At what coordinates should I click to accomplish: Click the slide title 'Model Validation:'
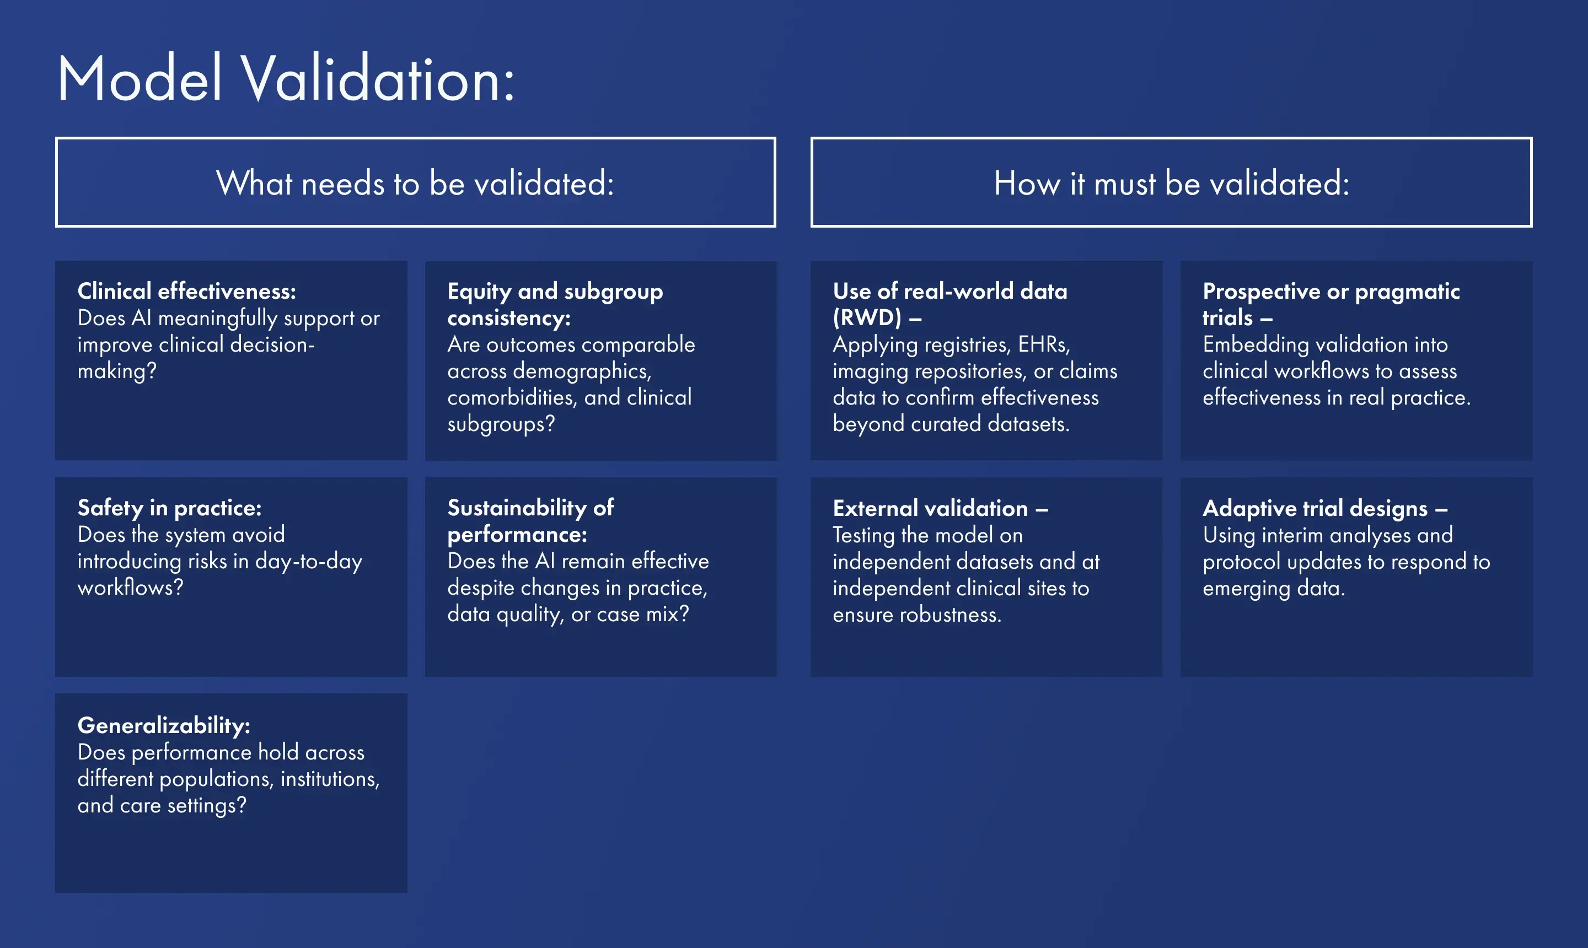click(285, 79)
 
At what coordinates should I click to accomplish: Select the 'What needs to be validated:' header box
click(415, 182)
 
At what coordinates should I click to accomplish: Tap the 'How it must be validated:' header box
click(1171, 182)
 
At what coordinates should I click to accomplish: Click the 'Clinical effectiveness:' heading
click(186, 292)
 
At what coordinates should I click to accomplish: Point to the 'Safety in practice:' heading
click(169, 508)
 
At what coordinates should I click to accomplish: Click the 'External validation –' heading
click(940, 509)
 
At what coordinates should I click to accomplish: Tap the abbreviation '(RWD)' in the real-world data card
click(867, 317)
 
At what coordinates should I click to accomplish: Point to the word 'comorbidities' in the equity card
click(512, 397)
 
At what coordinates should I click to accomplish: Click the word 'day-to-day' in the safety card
click(309, 561)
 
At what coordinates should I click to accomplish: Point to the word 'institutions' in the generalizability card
click(330, 779)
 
